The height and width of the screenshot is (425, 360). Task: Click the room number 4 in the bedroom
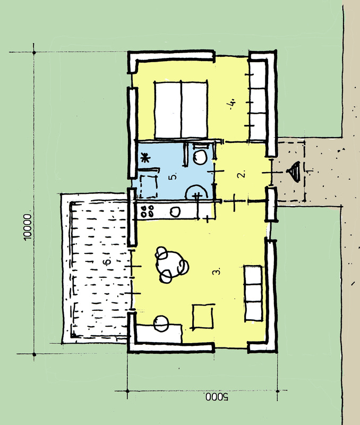[x=232, y=104]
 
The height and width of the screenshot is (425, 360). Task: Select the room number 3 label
[x=217, y=271]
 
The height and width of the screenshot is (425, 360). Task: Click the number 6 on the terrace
[x=108, y=261]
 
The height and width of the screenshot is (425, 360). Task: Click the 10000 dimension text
[x=28, y=227]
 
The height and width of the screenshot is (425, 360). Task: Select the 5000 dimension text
[x=217, y=397]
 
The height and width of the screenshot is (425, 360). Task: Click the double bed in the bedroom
[x=181, y=110]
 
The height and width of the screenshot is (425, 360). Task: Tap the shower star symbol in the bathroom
[x=145, y=157]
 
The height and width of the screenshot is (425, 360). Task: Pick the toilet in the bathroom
[x=200, y=155]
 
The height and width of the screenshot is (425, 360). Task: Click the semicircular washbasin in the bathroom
[x=197, y=192]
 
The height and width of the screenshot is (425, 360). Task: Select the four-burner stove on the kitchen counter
[x=147, y=211]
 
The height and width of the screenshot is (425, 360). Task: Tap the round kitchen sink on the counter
[x=175, y=212]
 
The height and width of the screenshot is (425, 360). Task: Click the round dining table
[x=172, y=264]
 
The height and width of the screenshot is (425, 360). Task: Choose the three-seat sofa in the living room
[x=254, y=293]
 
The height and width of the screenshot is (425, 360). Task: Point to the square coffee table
[x=203, y=316]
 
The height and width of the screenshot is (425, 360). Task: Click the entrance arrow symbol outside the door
[x=294, y=172]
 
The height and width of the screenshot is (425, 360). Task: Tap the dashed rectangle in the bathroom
[x=149, y=187]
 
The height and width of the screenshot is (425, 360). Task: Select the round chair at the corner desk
[x=161, y=324]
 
